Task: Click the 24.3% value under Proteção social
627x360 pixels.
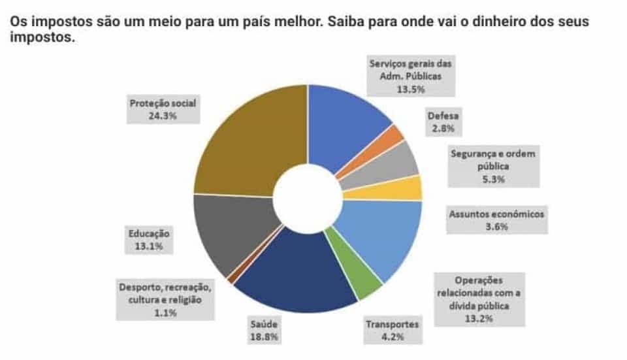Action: [x=163, y=116]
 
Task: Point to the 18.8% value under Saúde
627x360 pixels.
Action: [x=264, y=337]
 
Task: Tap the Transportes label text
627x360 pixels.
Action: [x=392, y=324]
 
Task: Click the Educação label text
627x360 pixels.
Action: [x=148, y=233]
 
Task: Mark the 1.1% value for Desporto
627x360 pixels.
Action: [x=165, y=313]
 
